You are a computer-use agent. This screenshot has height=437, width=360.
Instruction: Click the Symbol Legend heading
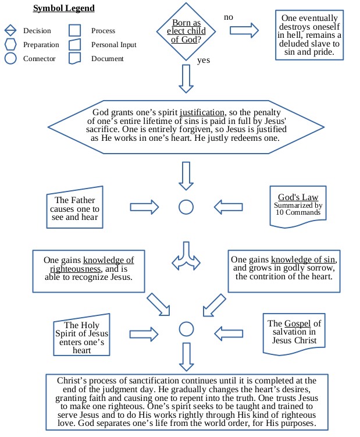[63, 8]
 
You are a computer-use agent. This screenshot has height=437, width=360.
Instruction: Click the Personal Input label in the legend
[115, 45]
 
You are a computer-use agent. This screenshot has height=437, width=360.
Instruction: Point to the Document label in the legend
[108, 59]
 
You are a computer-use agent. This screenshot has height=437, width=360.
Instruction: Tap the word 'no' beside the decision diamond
[229, 17]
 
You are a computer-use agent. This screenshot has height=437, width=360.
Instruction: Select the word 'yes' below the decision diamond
[204, 60]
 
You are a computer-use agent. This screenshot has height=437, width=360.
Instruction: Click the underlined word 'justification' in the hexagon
[202, 112]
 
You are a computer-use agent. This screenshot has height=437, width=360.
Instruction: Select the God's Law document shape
[298, 205]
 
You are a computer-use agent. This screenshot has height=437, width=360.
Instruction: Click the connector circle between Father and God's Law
[186, 207]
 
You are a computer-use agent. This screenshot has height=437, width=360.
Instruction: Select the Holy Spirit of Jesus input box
[81, 337]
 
